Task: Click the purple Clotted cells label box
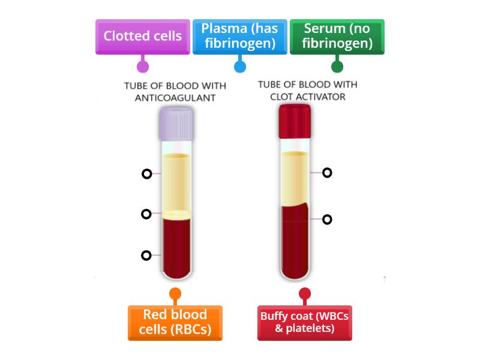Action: pos(142,37)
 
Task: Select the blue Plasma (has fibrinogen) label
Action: pos(239,37)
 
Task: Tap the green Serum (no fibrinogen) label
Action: pos(337,37)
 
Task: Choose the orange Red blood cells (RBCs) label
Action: pos(175,323)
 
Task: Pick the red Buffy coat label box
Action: pos(304,323)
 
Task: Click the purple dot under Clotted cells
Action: pos(142,67)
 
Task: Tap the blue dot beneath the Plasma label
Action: pos(239,67)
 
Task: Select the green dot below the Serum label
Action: pos(337,67)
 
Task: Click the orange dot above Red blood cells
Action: pos(175,293)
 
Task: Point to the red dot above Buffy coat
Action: pos(304,293)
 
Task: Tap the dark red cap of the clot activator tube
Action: pos(295,121)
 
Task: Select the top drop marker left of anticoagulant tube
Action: pos(146,174)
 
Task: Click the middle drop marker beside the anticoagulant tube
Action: pos(146,214)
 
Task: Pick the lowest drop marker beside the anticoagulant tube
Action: pos(146,255)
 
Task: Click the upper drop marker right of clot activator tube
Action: pos(327,173)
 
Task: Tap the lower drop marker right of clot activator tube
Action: pos(327,220)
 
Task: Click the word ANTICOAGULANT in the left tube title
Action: pos(175,98)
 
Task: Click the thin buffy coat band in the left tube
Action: pos(176,214)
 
